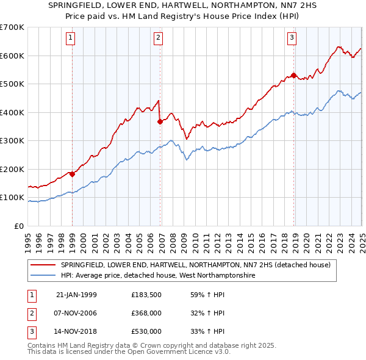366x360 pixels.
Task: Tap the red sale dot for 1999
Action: point(72,174)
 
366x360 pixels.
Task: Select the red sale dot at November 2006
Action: point(160,121)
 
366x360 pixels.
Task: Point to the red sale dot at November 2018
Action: point(293,76)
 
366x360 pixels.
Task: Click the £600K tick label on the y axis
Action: point(12,56)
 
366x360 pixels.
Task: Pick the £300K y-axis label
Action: point(12,141)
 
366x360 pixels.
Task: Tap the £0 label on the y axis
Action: point(18,226)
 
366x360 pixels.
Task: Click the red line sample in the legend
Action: point(43,265)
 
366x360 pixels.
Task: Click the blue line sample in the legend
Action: point(43,275)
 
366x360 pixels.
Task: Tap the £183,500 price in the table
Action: point(146,295)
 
